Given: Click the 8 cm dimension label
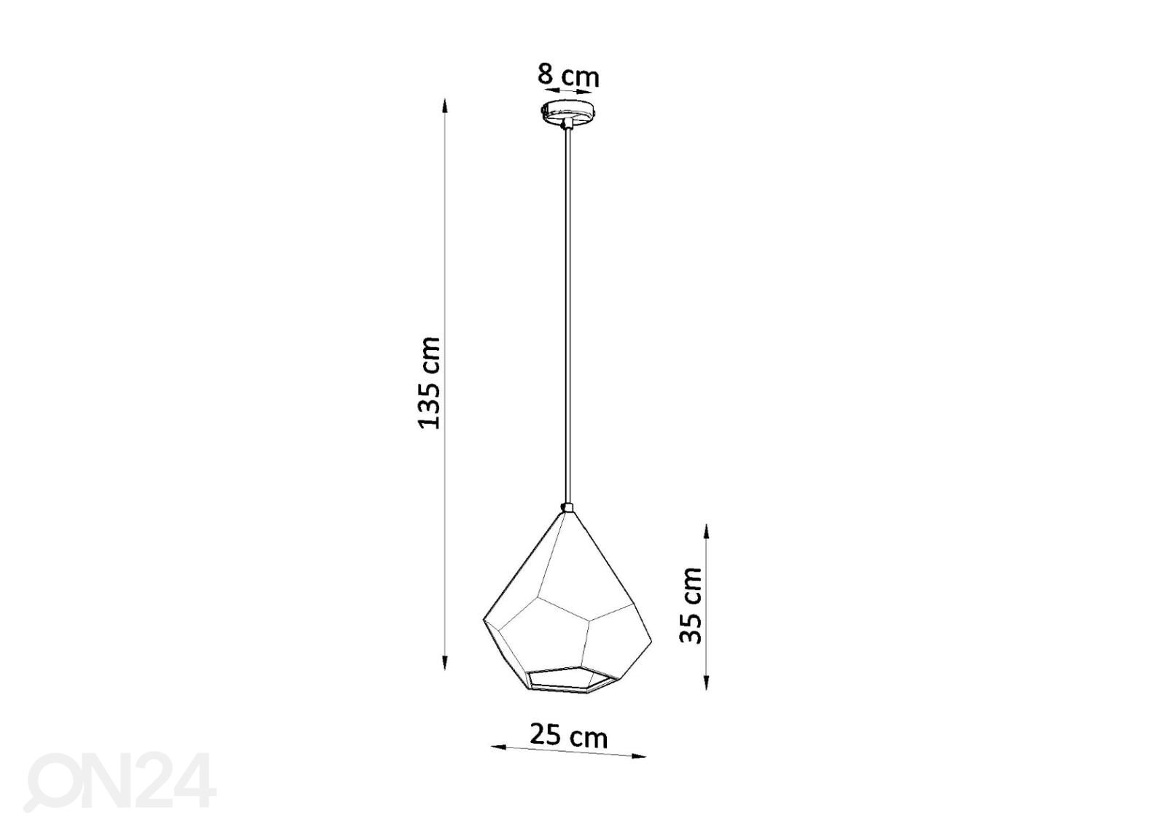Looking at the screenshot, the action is tap(568, 76).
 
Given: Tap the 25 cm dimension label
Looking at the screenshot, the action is tap(568, 737).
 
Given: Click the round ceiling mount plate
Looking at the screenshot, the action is tap(567, 110).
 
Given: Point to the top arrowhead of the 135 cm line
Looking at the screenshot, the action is tap(444, 105).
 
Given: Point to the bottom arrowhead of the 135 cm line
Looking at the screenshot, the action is tap(444, 662).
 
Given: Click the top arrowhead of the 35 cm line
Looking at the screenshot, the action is tap(706, 532).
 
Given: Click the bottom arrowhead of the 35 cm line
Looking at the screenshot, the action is tap(706, 683).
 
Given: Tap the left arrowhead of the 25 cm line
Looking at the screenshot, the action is tap(499, 747).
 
